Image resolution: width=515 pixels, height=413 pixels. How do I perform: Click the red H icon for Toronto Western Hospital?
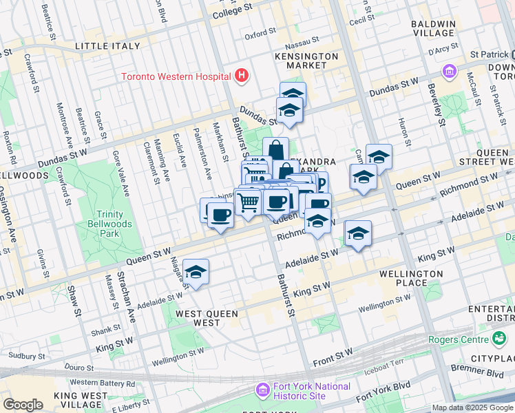point(241,76)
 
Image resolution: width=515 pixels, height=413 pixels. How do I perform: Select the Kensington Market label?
point(306,61)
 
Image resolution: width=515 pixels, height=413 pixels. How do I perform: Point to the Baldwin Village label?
point(433,28)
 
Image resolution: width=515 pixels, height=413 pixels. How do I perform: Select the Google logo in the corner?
point(23,405)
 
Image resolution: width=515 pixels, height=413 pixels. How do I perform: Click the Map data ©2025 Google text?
point(472,407)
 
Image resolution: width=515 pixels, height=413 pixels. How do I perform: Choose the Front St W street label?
point(333,353)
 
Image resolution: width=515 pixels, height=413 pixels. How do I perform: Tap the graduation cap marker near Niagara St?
point(196,273)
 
